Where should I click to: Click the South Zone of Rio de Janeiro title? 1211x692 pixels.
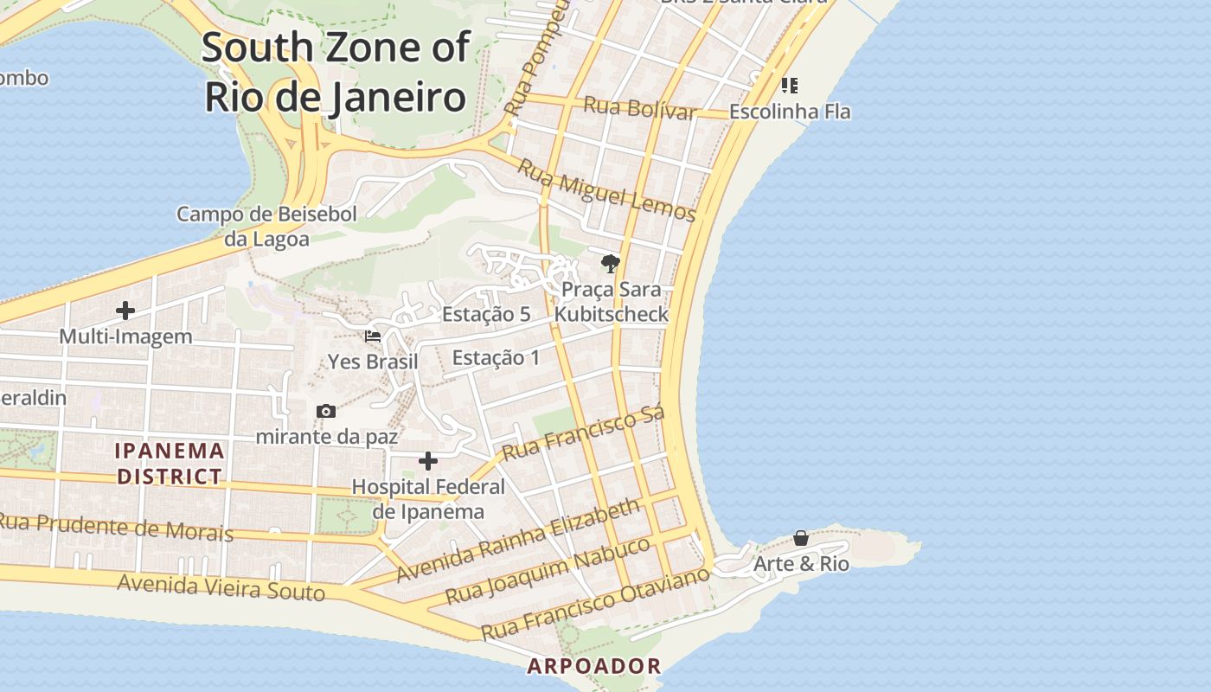click(x=336, y=73)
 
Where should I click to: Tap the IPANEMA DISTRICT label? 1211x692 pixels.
click(x=170, y=463)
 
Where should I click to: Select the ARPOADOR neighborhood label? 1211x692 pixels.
click(x=594, y=666)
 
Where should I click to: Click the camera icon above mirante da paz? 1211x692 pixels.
click(x=326, y=411)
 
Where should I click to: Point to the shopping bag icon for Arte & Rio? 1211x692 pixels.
click(x=801, y=538)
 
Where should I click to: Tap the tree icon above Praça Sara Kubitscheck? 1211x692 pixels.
click(x=611, y=264)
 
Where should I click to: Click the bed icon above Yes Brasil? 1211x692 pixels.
click(x=373, y=336)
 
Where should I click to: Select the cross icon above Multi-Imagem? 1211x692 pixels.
click(x=125, y=310)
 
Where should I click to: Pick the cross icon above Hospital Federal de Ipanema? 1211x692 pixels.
click(x=428, y=460)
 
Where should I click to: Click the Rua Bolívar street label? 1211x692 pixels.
click(x=640, y=109)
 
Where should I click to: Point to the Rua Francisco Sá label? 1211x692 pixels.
click(x=583, y=433)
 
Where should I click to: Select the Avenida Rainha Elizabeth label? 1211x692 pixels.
click(x=518, y=540)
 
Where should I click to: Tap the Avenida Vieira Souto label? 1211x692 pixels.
click(x=221, y=587)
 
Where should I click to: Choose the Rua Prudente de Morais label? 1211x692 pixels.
click(x=115, y=527)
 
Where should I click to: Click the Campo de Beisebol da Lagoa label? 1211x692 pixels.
click(x=266, y=227)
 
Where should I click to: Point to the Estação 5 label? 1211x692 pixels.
click(x=486, y=314)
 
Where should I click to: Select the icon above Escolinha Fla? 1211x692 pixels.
click(x=789, y=85)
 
